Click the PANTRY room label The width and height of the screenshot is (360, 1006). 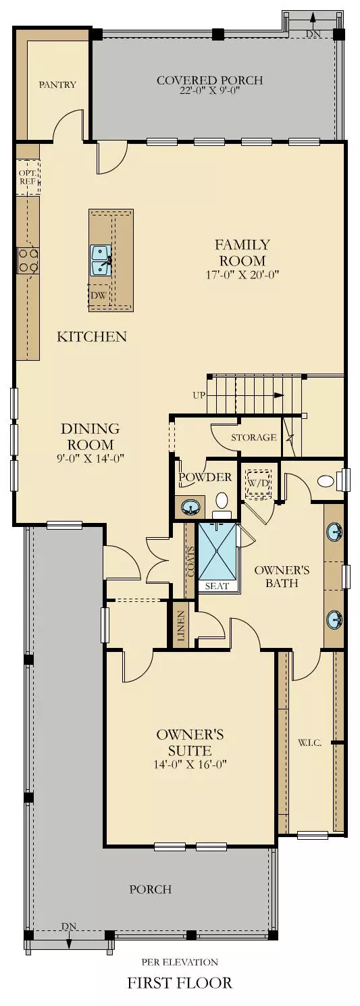[x=57, y=85]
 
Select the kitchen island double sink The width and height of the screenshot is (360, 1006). [x=101, y=260]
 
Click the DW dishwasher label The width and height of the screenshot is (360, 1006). [x=97, y=295]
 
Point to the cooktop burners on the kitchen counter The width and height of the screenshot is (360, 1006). [x=28, y=260]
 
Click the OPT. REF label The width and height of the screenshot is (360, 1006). [x=27, y=177]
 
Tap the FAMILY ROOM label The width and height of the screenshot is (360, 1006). [x=242, y=253]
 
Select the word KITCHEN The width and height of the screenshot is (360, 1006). [x=92, y=336]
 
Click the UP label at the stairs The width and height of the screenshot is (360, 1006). [x=199, y=395]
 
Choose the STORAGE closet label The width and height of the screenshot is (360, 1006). [x=254, y=437]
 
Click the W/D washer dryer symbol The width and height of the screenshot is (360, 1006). [x=257, y=483]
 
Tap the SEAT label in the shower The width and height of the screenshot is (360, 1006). [x=217, y=586]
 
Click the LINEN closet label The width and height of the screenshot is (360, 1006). [x=180, y=626]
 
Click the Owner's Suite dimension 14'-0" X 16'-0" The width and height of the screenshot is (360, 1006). [x=190, y=765]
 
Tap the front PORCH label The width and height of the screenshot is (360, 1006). [x=150, y=889]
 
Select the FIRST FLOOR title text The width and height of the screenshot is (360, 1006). [x=180, y=983]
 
